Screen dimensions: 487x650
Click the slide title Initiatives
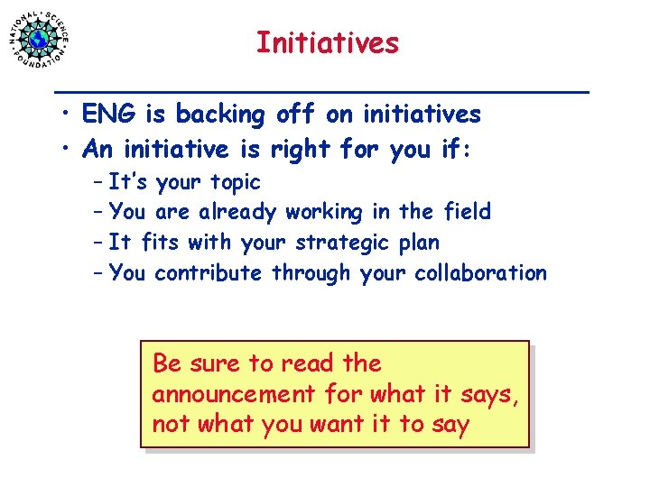point(326,42)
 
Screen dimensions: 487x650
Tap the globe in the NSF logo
point(38,39)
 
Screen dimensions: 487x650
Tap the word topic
point(235,182)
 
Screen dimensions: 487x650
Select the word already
point(238,212)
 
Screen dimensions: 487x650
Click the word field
point(468,212)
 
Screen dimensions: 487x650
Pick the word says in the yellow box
point(492,395)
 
